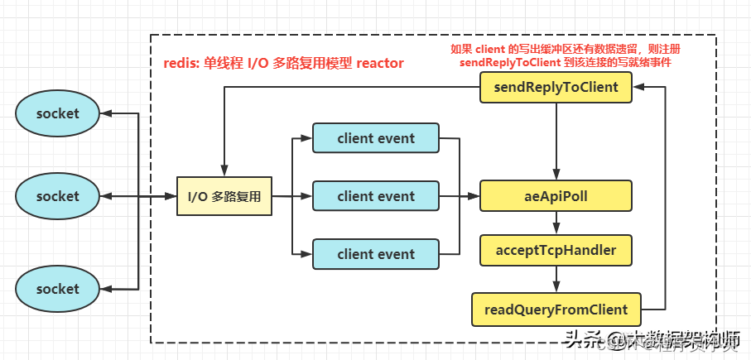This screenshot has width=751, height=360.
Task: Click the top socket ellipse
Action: coord(57,113)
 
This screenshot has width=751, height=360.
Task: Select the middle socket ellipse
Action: coord(57,196)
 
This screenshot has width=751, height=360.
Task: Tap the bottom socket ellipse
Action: coord(57,289)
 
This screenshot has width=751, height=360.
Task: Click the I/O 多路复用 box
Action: coord(224,197)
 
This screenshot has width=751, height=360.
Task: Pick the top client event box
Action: coord(375,138)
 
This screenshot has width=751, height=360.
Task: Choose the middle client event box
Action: coord(375,196)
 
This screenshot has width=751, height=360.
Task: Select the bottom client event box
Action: coord(375,254)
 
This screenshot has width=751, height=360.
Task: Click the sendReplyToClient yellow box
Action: coord(556,87)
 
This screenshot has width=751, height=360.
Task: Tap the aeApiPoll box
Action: coord(556,197)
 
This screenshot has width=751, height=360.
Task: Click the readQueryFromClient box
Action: coord(556,310)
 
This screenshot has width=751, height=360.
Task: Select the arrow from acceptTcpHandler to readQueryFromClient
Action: coord(556,279)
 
